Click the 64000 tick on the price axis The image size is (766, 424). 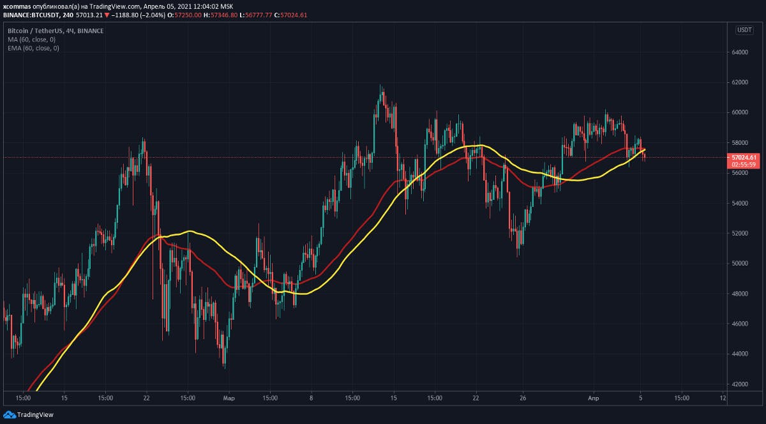(740, 52)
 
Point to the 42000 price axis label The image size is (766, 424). (740, 384)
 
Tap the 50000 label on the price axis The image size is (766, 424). (740, 263)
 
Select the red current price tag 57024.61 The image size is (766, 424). (744, 157)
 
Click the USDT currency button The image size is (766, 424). (744, 30)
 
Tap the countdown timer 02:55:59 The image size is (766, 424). (744, 164)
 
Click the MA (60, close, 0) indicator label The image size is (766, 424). (33, 40)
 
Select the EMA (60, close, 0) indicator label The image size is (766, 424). (34, 48)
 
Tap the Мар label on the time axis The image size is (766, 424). (229, 397)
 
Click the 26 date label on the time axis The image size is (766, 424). (523, 397)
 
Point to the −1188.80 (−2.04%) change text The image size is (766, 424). (125, 15)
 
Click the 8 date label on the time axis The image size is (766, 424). (311, 397)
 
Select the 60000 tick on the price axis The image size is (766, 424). (740, 112)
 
